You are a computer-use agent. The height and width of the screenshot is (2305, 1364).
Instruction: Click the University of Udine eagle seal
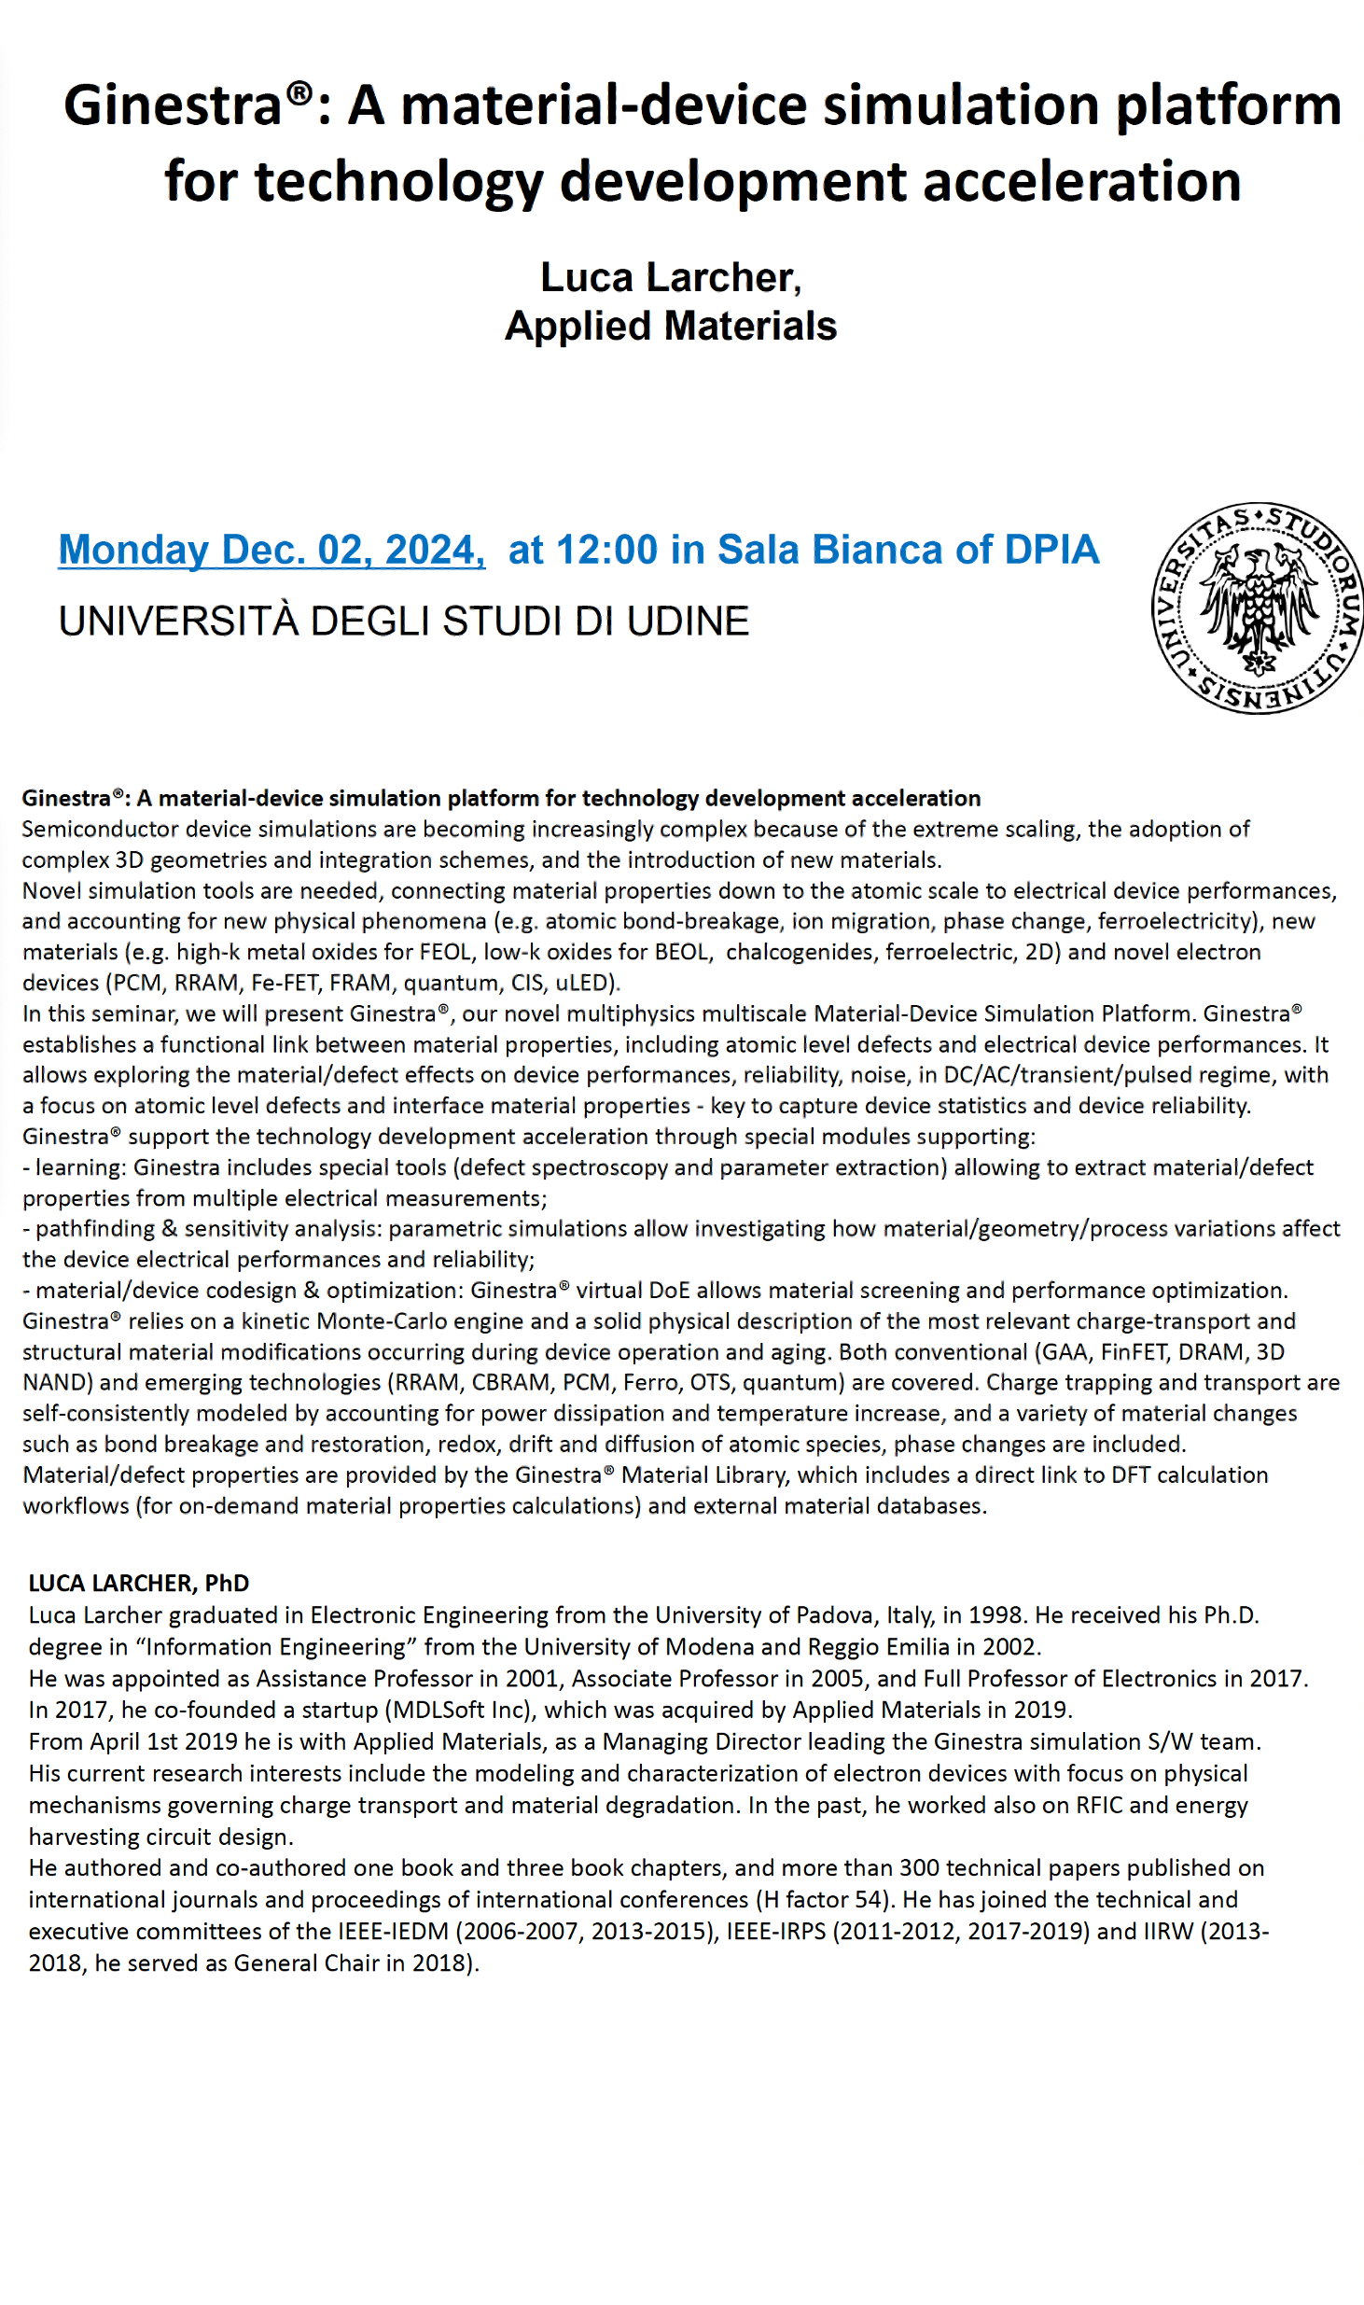pyautogui.click(x=1258, y=608)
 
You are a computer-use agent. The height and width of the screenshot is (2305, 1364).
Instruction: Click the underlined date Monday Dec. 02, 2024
pyautogui.click(x=271, y=550)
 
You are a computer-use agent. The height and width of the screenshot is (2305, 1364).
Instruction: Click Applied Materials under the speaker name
pyautogui.click(x=671, y=326)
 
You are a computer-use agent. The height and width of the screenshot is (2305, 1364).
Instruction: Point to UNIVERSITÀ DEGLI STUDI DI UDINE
pyautogui.click(x=404, y=622)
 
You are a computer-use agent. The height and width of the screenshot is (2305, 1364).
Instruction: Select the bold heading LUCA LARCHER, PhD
pyautogui.click(x=139, y=1583)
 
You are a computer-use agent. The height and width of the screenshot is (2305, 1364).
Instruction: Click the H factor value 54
pyautogui.click(x=868, y=1900)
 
